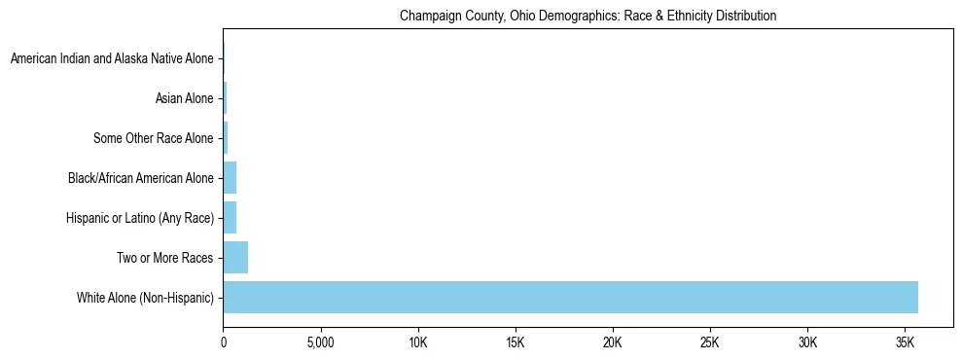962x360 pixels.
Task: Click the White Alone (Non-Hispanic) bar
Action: click(570, 297)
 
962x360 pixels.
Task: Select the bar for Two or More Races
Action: click(235, 258)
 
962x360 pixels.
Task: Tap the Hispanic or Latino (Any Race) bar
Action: click(230, 218)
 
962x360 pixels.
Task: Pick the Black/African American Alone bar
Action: click(230, 178)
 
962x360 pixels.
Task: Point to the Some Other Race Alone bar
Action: click(226, 138)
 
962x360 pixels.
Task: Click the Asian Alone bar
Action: click(225, 98)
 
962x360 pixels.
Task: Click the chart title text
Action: click(588, 17)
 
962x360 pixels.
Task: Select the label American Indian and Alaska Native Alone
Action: click(112, 59)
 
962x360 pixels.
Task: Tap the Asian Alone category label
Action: click(184, 98)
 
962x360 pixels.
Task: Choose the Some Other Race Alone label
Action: click(153, 138)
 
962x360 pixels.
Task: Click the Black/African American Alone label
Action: click(140, 178)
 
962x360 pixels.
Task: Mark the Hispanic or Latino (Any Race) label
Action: click(138, 218)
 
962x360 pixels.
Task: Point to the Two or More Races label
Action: click(164, 258)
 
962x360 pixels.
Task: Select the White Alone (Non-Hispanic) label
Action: click(145, 297)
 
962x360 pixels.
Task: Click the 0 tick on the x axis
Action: click(224, 343)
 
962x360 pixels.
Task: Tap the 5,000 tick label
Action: click(321, 343)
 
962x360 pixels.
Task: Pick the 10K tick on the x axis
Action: click(418, 343)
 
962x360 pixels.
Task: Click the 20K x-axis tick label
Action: click(613, 343)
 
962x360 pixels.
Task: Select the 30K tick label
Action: click(807, 343)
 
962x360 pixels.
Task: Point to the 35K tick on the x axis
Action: click(905, 343)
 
